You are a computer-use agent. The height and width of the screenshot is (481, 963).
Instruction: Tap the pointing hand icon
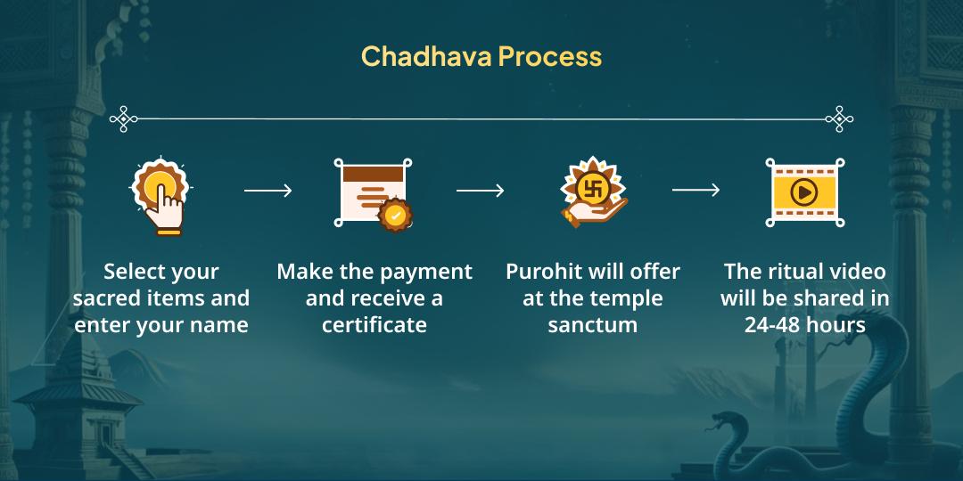coord(160,196)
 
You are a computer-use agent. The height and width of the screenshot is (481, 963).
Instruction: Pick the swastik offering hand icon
coord(592,193)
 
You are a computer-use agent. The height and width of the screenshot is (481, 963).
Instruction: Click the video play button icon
coord(805,192)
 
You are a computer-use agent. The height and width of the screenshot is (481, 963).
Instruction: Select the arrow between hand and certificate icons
coord(267,191)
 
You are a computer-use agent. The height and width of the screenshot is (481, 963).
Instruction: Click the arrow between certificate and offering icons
coord(480,191)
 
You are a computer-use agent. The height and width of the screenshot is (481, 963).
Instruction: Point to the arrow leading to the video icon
coord(695,191)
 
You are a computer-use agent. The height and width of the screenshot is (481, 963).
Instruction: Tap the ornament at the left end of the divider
coord(123,118)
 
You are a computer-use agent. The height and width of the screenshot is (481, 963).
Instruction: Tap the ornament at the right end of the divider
coord(839,118)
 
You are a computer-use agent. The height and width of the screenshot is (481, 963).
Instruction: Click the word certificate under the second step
coord(374,325)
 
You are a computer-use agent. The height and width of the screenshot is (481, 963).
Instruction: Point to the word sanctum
coord(592,325)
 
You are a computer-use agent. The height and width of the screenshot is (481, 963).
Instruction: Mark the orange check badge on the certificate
coord(394,215)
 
